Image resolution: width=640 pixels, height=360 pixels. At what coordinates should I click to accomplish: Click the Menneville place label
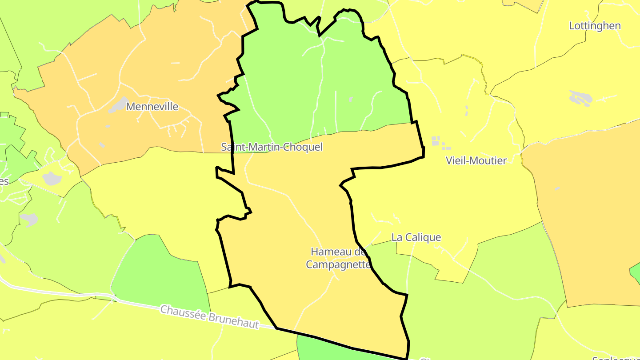(152, 107)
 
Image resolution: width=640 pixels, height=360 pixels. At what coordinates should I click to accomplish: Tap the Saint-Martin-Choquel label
(272, 147)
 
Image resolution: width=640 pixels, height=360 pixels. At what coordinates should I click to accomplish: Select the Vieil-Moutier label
(476, 161)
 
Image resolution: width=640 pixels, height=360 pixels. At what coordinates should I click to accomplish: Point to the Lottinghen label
(595, 26)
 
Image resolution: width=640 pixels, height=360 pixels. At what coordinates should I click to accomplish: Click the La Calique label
(416, 237)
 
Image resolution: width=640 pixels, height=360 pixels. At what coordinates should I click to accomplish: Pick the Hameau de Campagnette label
(338, 258)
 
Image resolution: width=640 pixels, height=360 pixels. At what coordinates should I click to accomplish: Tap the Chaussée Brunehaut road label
(209, 317)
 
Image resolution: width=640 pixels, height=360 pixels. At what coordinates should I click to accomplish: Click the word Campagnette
(338, 264)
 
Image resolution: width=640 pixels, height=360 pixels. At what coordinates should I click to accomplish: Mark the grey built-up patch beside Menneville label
(118, 105)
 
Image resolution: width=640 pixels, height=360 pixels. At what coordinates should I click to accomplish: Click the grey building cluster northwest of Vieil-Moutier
(438, 142)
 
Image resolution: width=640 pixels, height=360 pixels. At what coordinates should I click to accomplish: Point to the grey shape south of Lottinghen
(580, 98)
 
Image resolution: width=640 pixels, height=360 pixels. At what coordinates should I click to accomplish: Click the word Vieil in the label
(456, 161)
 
